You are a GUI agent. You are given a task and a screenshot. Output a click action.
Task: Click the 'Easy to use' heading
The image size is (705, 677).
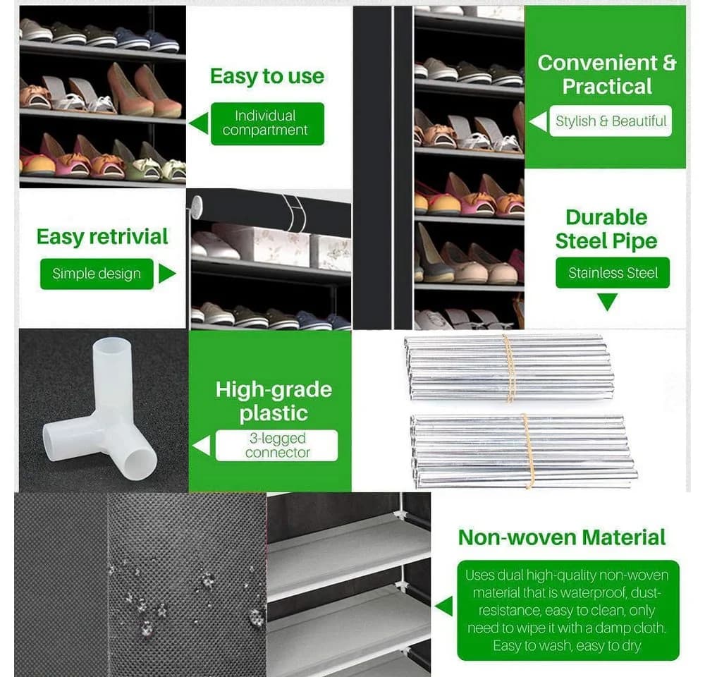coord(267,76)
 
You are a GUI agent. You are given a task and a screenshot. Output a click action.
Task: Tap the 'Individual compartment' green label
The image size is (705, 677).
coord(267,123)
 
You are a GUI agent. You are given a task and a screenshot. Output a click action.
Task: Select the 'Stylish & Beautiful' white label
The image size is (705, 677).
coord(611,121)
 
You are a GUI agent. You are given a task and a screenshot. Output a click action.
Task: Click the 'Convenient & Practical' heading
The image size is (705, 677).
coord(607,74)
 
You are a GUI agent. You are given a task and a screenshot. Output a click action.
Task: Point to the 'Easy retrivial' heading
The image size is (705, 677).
coord(102,237)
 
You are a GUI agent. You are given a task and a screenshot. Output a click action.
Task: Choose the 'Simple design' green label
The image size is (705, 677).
coord(97,274)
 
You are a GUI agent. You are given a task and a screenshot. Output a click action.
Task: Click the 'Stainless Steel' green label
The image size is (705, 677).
coord(613,273)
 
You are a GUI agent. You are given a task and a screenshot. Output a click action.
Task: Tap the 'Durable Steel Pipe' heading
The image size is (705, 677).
coord(606,229)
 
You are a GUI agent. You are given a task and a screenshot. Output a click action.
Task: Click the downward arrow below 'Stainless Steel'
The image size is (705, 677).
coord(608,302)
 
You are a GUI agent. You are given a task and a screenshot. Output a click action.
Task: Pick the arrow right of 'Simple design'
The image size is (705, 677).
coord(167,274)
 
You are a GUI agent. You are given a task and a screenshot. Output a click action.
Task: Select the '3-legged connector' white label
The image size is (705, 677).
coord(276,445)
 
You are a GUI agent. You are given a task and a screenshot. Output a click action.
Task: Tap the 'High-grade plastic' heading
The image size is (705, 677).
coord(274,401)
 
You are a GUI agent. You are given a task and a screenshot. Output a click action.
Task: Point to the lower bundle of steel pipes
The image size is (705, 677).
coord(524,451)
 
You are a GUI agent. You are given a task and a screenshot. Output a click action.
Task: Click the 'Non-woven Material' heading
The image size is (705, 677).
coord(562,537)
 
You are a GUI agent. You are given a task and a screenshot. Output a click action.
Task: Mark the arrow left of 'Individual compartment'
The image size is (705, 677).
coord(199,123)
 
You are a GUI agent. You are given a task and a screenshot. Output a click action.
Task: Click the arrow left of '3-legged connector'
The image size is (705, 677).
coord(202,445)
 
